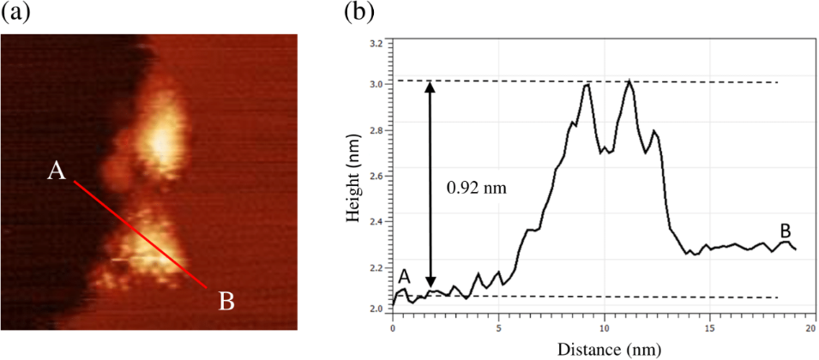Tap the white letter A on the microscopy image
click(x=57, y=171)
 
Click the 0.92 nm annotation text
click(x=476, y=186)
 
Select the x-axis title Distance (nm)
click(x=605, y=350)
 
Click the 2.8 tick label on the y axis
click(x=376, y=131)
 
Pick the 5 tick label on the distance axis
click(x=498, y=328)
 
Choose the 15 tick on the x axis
click(x=710, y=328)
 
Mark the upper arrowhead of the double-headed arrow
click(x=431, y=87)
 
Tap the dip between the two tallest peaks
click(x=607, y=151)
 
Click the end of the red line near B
click(x=206, y=286)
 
